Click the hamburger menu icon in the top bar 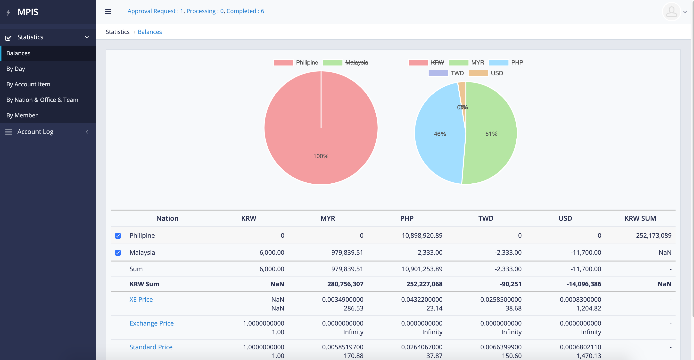(x=108, y=12)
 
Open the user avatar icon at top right (x=671, y=12)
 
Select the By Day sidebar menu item (x=16, y=69)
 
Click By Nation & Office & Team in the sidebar (x=42, y=100)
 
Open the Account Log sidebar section (x=35, y=132)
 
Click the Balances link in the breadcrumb (x=149, y=32)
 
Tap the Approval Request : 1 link (x=155, y=11)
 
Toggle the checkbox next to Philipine (x=118, y=236)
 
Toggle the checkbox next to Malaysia (x=118, y=253)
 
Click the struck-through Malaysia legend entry (x=356, y=63)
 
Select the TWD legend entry (x=457, y=73)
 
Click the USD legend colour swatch (x=478, y=73)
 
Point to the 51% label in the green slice (x=491, y=134)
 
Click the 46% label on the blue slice (x=440, y=134)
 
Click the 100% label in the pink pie (x=321, y=156)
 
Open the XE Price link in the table (x=141, y=300)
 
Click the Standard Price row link (x=151, y=347)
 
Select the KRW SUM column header (x=640, y=218)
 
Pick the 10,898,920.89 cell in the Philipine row (x=422, y=236)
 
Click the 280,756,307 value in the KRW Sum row (x=345, y=284)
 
